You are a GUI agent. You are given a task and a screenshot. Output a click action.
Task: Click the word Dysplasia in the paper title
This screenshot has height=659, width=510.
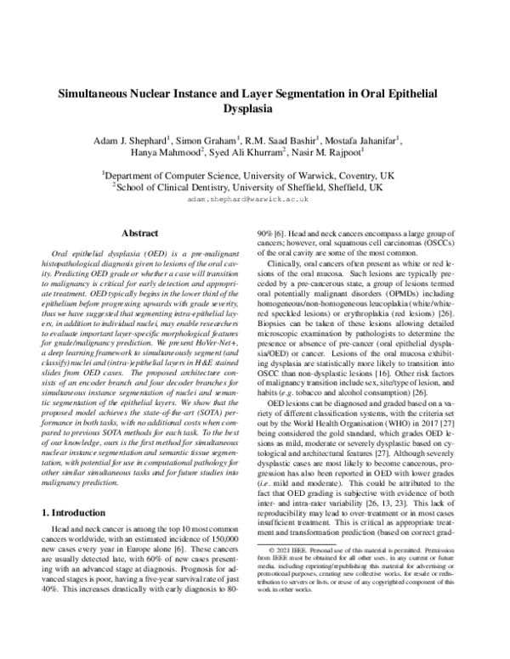(255, 110)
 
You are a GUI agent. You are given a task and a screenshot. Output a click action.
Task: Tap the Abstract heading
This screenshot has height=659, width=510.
(140, 232)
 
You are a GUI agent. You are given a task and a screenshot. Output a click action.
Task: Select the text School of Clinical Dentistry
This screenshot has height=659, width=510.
(178, 185)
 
